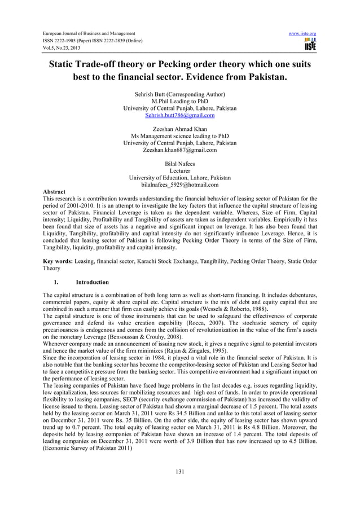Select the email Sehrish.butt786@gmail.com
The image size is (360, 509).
coord(179,115)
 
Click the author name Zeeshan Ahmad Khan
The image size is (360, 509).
coord(179,129)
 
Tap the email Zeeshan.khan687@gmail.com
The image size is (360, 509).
coord(179,150)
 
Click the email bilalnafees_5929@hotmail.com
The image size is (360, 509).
coord(179,185)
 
